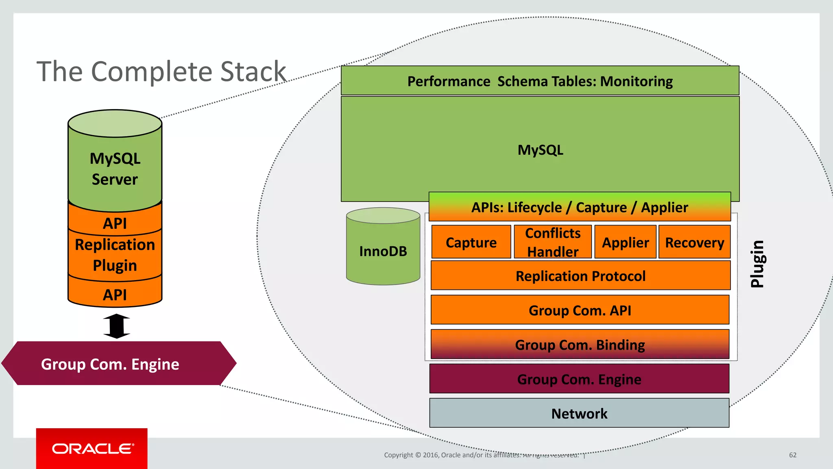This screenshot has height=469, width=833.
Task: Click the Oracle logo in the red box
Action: (92, 449)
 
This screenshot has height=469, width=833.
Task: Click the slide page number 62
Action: (792, 455)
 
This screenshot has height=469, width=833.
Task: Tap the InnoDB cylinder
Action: (383, 251)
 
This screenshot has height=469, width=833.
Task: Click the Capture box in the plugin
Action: (471, 242)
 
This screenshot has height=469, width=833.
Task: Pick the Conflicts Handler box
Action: (553, 242)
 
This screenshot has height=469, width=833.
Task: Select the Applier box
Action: (625, 242)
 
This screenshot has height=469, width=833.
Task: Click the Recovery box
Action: (694, 242)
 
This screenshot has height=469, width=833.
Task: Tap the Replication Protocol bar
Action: (580, 276)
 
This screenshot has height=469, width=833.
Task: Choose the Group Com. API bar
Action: (580, 310)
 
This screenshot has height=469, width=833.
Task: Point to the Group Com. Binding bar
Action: (580, 344)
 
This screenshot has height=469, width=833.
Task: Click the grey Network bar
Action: (579, 413)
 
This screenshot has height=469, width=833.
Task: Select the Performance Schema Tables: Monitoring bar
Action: (540, 81)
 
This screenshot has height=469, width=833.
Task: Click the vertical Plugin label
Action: (757, 264)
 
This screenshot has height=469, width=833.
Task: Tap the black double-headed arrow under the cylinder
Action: (116, 326)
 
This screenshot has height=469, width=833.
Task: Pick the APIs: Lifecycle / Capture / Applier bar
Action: (580, 207)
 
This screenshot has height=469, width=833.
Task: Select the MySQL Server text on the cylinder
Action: (115, 169)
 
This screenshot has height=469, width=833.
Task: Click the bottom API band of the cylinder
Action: (115, 294)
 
